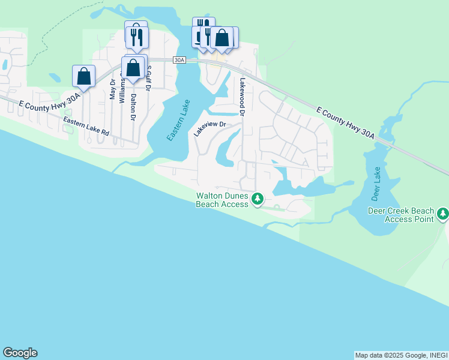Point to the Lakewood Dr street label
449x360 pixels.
click(x=243, y=96)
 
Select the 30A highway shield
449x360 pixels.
click(x=179, y=60)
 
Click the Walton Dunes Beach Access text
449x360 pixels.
click(x=222, y=200)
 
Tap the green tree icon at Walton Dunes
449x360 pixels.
click(x=258, y=198)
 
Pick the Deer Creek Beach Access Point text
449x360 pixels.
click(x=400, y=215)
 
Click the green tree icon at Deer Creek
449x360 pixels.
click(x=443, y=213)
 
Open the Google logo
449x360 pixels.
click(x=20, y=353)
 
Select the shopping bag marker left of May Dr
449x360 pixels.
click(x=83, y=76)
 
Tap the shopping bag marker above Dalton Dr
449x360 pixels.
click(x=133, y=68)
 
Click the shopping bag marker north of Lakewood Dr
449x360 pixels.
click(x=221, y=38)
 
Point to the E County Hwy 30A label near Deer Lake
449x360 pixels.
click(x=345, y=124)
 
